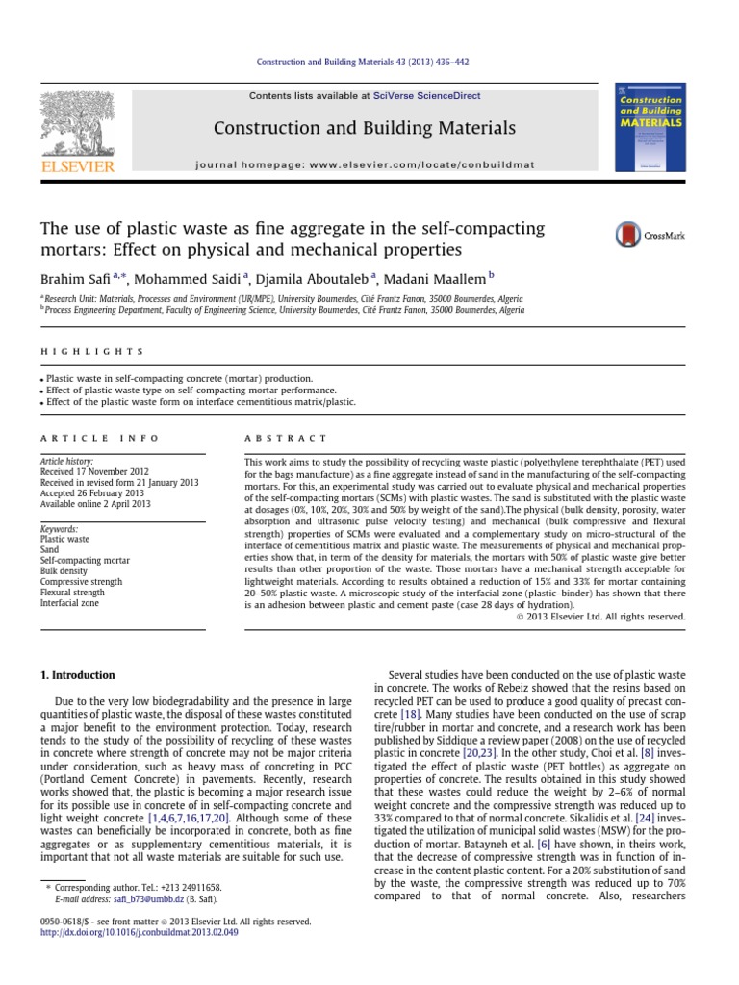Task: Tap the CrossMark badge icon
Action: click(x=629, y=235)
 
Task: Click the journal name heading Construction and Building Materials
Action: click(x=364, y=128)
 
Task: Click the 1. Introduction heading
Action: click(x=77, y=675)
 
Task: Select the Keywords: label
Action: click(x=61, y=529)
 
